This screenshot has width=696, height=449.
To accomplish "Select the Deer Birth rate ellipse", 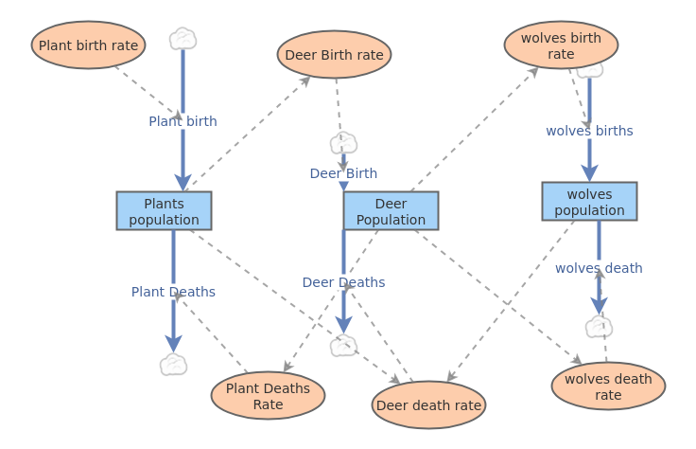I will tap(334, 54).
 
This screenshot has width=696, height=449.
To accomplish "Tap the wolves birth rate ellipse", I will tap(561, 45).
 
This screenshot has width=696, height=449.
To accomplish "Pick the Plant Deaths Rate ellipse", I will tap(268, 395).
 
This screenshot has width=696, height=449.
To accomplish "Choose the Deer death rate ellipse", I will tap(428, 405).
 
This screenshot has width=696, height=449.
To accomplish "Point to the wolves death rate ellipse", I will tap(608, 386).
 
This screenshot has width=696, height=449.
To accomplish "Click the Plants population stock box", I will tap(164, 210).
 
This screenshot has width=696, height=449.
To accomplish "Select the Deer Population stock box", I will tap(391, 210).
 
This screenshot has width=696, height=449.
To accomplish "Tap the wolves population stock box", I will tap(589, 201).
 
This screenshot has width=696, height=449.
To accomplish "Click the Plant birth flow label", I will tap(183, 121).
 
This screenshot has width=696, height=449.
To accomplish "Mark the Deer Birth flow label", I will tap(343, 173).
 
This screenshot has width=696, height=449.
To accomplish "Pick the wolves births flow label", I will tap(589, 131).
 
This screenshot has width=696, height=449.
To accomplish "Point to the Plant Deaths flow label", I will tap(173, 292).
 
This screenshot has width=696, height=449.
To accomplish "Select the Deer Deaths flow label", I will tap(343, 282).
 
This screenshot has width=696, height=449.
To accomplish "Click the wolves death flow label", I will tap(599, 268).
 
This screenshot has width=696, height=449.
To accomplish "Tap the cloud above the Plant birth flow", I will tap(183, 39).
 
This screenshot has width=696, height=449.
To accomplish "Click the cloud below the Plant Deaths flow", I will tap(173, 365).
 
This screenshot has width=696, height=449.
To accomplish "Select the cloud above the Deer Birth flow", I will tap(343, 143).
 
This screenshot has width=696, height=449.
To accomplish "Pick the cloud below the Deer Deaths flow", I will tap(343, 346).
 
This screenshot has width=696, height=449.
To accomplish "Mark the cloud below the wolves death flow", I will tap(599, 327).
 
